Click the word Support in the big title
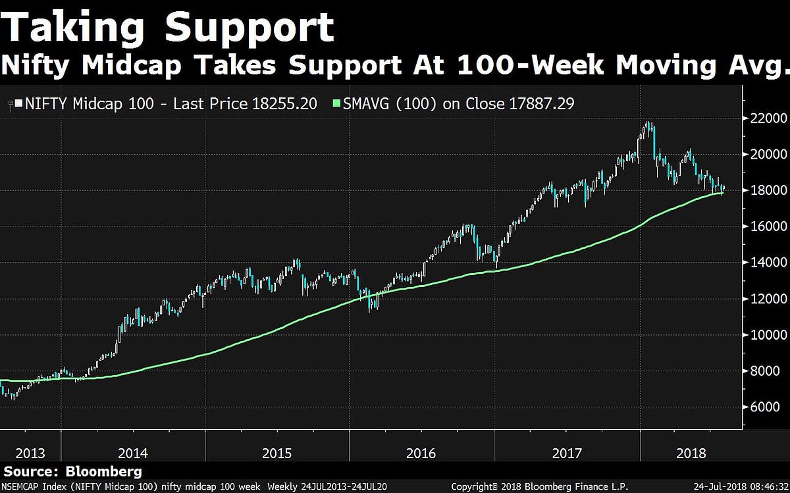click(x=250, y=30)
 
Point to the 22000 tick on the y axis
click(x=767, y=118)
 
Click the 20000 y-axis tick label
click(x=767, y=155)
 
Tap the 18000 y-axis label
click(x=767, y=191)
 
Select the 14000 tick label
click(x=767, y=263)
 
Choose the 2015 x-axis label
click(x=276, y=454)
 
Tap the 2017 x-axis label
click(x=566, y=454)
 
